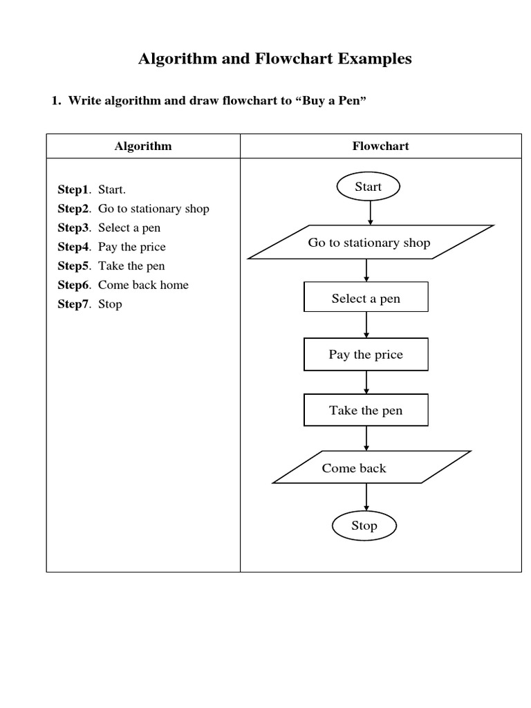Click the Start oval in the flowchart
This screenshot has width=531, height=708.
pos(368,187)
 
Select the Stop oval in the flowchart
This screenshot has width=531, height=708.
pos(364,525)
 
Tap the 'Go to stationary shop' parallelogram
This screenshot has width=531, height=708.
pos(370,243)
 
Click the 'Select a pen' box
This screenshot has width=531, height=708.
pos(366,299)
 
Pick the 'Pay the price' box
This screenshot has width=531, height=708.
pos(366,355)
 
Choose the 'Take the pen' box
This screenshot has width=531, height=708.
pos(366,411)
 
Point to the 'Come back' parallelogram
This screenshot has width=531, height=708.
pos(371,468)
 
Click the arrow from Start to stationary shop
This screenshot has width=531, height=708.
pos(371,212)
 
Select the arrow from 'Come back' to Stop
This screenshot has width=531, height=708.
pos(366,497)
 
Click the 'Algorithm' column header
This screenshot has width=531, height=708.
pos(143,146)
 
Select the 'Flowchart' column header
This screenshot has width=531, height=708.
pos(380,146)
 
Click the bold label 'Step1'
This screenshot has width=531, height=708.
pos(73,189)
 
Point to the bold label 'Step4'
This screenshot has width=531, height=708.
pos(73,247)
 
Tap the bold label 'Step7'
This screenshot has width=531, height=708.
pos(73,304)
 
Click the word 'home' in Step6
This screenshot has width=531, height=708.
pos(174,285)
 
